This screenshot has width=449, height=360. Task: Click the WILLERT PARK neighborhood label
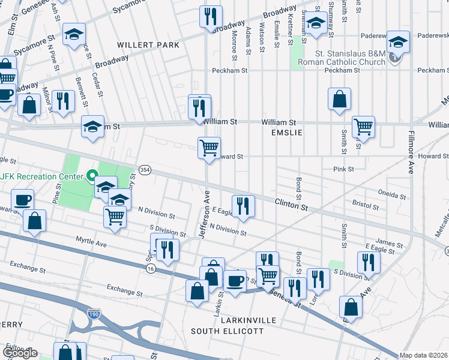click(148, 45)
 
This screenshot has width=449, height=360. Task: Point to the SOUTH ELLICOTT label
click(228, 331)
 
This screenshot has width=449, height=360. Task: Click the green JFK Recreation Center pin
click(91, 176)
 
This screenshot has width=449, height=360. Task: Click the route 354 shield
click(145, 170)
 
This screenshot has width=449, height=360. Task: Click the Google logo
click(20, 353)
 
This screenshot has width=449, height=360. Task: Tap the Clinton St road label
click(291, 204)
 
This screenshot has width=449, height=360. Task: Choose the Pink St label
click(343, 170)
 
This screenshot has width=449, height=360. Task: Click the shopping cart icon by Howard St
click(209, 147)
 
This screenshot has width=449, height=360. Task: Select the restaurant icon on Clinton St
click(243, 205)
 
